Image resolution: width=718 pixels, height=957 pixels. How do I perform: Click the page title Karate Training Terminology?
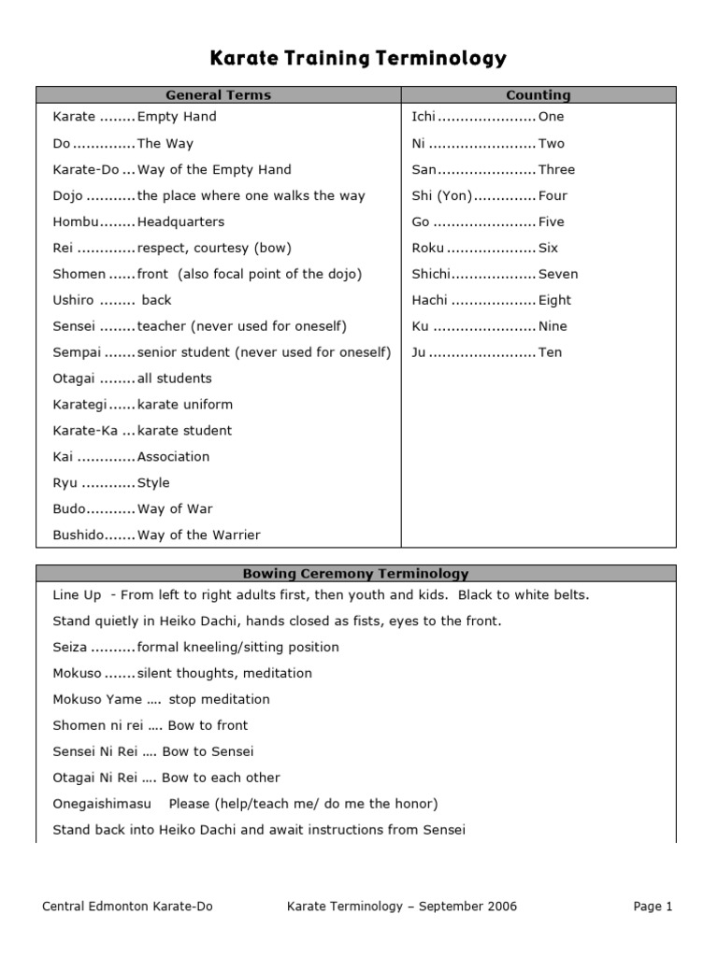(358, 59)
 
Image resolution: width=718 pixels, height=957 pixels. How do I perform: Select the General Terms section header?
(218, 94)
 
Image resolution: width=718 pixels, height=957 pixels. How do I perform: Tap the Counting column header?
(538, 94)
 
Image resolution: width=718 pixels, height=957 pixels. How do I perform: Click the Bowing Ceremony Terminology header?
(355, 574)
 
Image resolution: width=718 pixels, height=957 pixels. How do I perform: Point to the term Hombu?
(75, 221)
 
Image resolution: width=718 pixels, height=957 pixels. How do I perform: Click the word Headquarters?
(180, 221)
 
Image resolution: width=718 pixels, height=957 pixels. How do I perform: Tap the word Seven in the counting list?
(558, 274)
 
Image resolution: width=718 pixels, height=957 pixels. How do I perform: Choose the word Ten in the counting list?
(550, 352)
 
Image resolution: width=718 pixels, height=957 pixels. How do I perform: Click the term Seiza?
(70, 647)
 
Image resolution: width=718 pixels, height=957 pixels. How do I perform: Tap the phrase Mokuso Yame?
(97, 699)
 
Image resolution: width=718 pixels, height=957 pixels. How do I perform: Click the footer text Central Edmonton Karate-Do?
(128, 906)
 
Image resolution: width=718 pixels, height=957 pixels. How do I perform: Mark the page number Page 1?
(653, 906)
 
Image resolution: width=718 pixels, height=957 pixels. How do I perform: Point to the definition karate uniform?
(185, 405)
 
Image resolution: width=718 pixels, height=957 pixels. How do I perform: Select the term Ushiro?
(74, 300)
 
